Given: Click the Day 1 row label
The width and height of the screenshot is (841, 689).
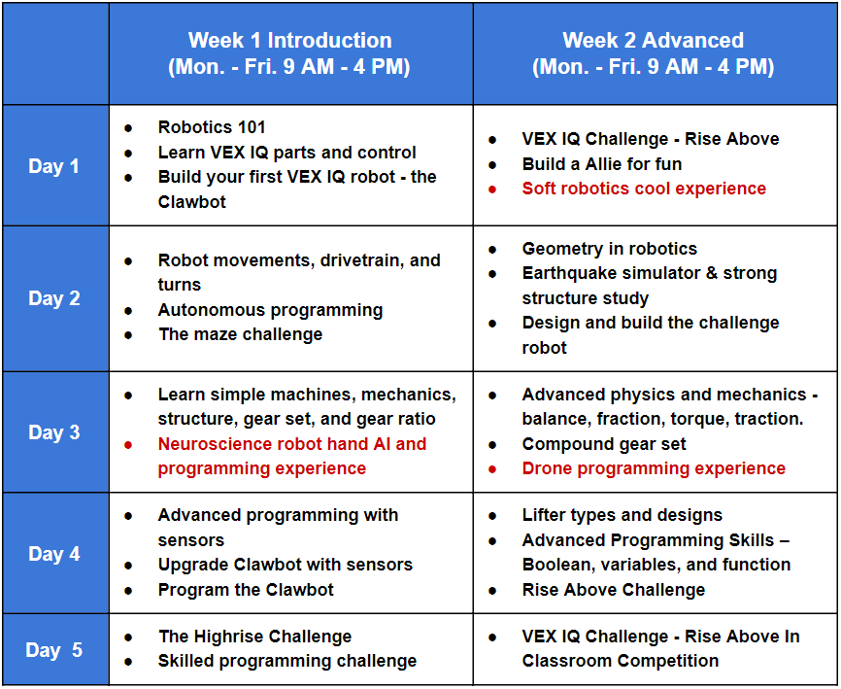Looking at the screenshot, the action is (53, 166).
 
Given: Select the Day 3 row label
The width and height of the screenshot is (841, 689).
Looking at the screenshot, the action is (53, 432).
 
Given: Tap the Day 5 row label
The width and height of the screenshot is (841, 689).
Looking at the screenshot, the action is (53, 650).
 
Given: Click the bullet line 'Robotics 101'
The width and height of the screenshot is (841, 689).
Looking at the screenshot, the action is (212, 127).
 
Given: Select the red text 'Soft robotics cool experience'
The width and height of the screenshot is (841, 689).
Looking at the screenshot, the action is (644, 189).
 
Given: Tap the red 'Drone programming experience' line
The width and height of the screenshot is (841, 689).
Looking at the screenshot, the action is (654, 468).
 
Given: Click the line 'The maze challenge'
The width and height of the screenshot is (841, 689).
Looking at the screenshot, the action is (240, 334).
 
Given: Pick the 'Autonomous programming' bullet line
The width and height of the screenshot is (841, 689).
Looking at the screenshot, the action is (270, 310).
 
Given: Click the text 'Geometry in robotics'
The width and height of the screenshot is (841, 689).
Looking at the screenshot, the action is (609, 249).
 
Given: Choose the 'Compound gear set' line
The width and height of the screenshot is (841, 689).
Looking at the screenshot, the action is (604, 444).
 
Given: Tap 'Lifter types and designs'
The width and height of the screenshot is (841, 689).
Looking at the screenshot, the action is (622, 515).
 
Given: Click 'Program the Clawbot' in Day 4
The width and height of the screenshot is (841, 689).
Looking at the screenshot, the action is (246, 590).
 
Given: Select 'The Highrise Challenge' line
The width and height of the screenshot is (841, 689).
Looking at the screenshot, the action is (254, 637).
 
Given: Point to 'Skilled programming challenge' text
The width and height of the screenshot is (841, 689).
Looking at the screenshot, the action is (286, 661).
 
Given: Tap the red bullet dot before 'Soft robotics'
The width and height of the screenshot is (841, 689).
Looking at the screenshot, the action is (492, 189).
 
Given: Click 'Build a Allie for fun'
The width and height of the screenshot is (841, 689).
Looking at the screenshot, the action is (602, 163).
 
